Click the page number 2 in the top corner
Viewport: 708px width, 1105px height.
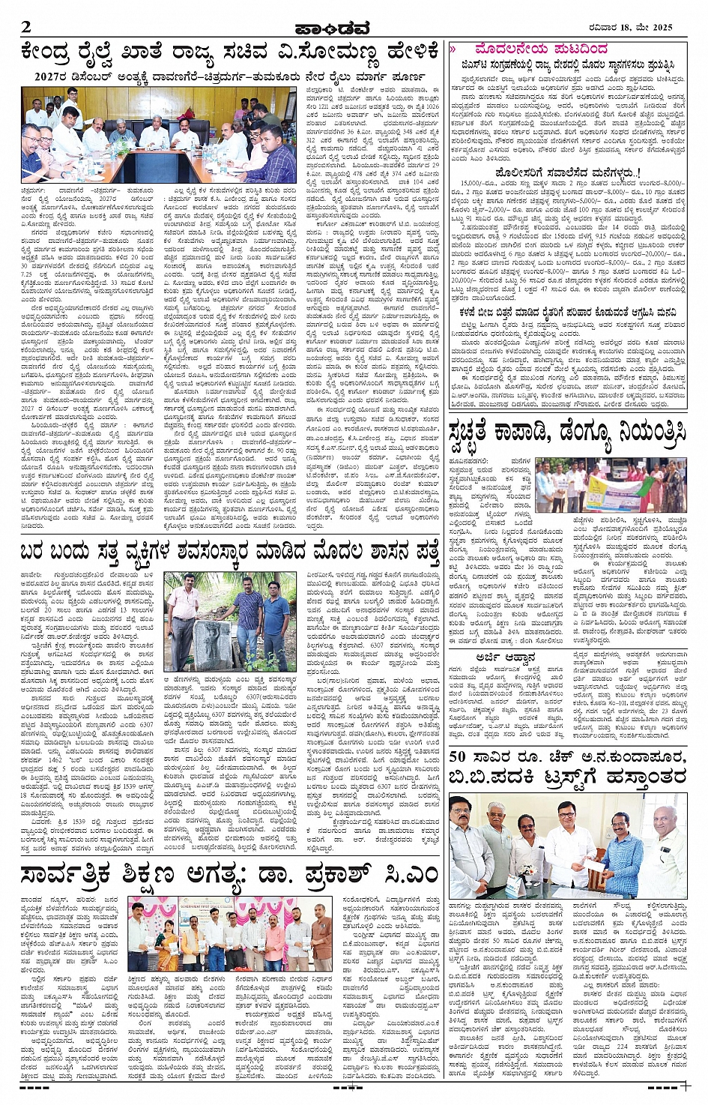[27, 27]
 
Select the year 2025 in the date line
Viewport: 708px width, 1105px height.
[659, 27]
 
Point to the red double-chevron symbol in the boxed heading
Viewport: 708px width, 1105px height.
[453, 49]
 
